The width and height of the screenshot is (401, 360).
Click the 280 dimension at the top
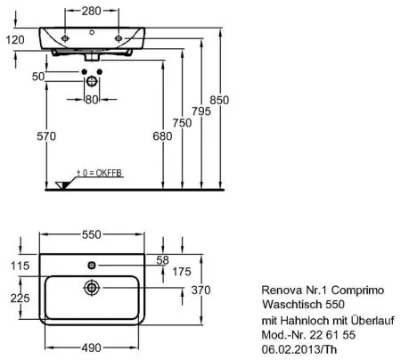click(92, 12)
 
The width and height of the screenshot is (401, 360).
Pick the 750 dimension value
click(184, 122)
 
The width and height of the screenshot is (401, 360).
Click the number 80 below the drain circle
click(91, 100)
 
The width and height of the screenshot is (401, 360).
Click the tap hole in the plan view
click(92, 265)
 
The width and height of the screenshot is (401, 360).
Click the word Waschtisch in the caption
click(289, 303)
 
